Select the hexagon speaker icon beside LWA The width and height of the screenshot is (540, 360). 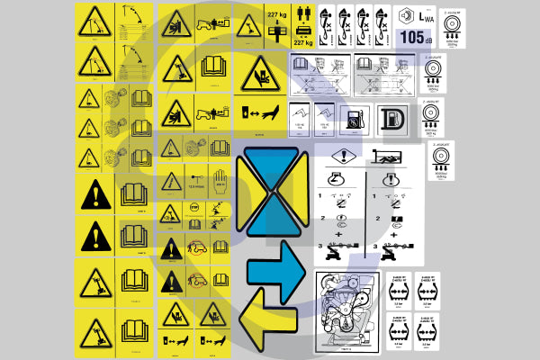pos(405,17)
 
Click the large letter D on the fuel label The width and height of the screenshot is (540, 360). pos(392,120)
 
